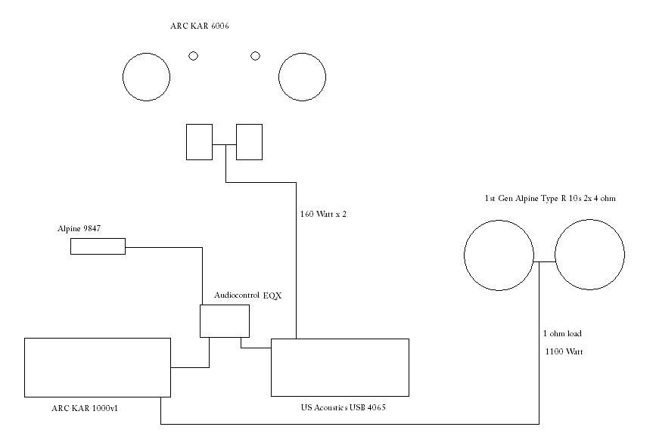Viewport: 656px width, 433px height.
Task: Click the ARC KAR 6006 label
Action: (x=200, y=26)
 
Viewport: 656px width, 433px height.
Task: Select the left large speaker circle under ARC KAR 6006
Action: (x=123, y=77)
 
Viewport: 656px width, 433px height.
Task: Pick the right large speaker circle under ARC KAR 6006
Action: (x=279, y=77)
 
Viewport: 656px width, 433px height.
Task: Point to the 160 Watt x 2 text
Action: (x=323, y=215)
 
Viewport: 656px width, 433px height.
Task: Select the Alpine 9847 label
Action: (x=79, y=229)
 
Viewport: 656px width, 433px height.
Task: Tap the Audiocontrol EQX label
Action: (x=248, y=295)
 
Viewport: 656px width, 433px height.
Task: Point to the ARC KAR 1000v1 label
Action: (x=85, y=408)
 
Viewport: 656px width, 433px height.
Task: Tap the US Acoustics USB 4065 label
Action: (x=344, y=407)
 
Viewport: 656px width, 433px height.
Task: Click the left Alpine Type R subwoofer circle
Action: (x=465, y=255)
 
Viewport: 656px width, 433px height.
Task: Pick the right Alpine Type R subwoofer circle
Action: (x=555, y=255)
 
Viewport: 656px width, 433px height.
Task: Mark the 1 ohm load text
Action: (x=562, y=333)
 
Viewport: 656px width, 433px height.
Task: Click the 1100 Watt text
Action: (x=564, y=352)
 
